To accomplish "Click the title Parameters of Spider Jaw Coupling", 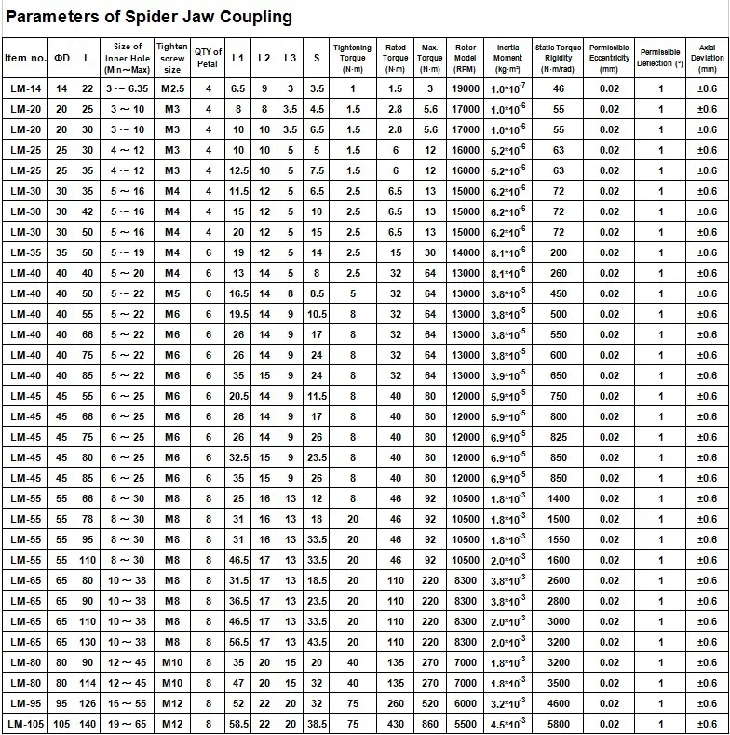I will (150, 17).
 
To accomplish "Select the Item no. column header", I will (25, 58).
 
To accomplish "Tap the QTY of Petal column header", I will (209, 58).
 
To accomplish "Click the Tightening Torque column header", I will (353, 58).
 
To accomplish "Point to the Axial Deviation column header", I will (707, 58).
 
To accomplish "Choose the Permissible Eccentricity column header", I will (609, 58).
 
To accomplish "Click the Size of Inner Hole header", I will (128, 58).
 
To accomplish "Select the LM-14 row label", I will (25, 88).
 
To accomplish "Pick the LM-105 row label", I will (25, 724).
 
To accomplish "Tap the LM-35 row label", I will (25, 252).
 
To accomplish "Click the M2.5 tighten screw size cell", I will (172, 88).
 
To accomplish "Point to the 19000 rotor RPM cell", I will (466, 88).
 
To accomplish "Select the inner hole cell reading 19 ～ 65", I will (127, 724).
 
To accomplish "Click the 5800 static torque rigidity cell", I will (559, 724).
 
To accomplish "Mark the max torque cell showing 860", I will (430, 724).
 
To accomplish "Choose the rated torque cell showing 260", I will (396, 703).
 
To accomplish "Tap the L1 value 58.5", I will (238, 724).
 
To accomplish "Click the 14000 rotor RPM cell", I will (466, 252).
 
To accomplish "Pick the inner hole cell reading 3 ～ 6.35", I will (127, 88).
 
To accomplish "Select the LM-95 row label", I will (25, 703).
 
